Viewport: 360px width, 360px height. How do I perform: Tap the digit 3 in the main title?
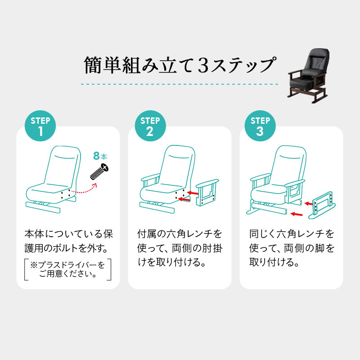coord(201,66)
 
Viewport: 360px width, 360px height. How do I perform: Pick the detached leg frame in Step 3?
coord(320,205)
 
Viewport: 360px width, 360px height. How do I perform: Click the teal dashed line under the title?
coord(180,84)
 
